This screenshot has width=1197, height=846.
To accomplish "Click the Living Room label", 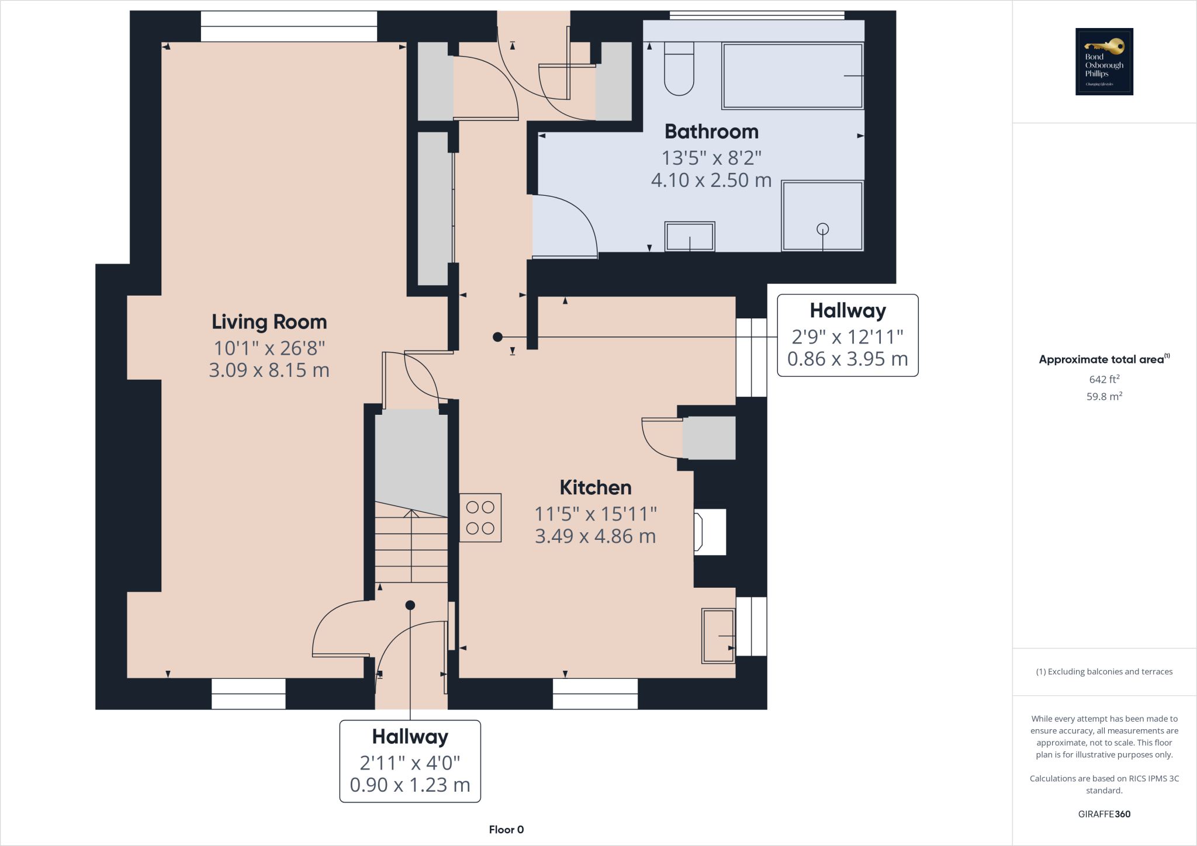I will (269, 322).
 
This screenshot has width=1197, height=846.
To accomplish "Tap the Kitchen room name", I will (595, 487).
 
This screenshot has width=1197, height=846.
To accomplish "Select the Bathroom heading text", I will (711, 131).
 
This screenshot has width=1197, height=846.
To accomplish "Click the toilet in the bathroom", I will (679, 69).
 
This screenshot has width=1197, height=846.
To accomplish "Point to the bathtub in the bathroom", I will (792, 76).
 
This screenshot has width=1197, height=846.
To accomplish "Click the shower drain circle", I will (822, 228).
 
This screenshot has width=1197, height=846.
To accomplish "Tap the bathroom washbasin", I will (690, 237).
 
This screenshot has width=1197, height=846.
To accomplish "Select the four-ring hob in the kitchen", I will (480, 518).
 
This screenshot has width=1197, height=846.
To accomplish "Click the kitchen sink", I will (718, 636).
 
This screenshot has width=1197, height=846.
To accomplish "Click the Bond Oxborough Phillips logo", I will (1104, 61).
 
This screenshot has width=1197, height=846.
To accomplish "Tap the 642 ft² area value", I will (1104, 379).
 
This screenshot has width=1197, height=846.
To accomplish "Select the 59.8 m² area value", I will (1104, 397).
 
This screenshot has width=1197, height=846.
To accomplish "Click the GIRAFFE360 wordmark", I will (1104, 814).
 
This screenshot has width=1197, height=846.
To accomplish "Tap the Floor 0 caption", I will (506, 830).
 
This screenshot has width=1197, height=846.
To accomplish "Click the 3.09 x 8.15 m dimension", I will (269, 370).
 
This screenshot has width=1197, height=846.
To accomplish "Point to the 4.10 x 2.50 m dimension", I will (711, 181).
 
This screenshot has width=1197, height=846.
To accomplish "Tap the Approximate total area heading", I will (1102, 360).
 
